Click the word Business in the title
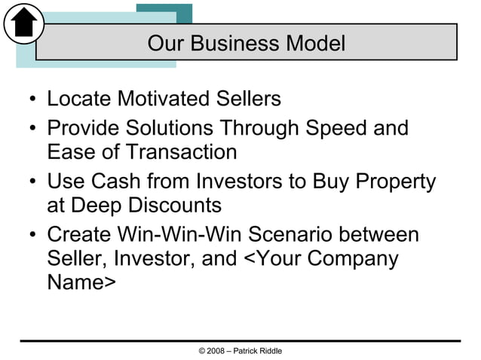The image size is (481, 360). click(x=227, y=43)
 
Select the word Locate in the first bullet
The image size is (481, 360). click(x=78, y=99)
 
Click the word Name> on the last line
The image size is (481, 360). click(x=81, y=283)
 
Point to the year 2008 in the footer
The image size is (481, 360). click(x=216, y=352)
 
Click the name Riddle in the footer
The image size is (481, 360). click(x=269, y=352)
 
